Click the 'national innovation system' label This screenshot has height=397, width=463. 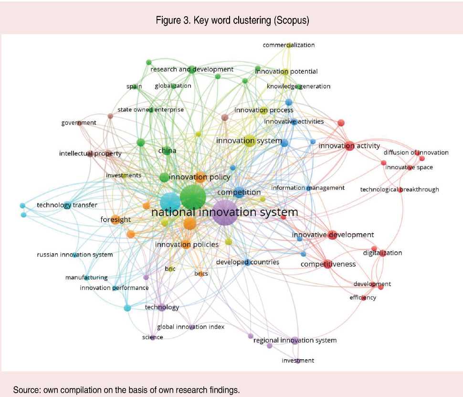pyautogui.click(x=224, y=212)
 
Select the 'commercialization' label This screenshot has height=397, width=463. pyautogui.click(x=289, y=45)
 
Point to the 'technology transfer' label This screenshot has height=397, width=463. pyautogui.click(x=67, y=205)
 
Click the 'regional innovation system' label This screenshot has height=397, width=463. pyautogui.click(x=295, y=340)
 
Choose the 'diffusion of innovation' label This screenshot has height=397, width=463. pyautogui.click(x=416, y=152)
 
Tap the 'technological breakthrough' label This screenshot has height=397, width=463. pyautogui.click(x=400, y=190)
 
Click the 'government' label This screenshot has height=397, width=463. pyautogui.click(x=79, y=123)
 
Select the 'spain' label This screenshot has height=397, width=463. pyautogui.click(x=134, y=86)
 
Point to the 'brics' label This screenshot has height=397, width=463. pyautogui.click(x=201, y=274)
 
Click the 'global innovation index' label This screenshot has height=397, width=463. pyautogui.click(x=190, y=327)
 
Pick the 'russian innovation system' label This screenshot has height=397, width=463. pyautogui.click(x=75, y=255)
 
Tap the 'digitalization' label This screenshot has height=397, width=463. pyautogui.click(x=382, y=253)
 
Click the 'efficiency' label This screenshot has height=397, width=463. pyautogui.click(x=363, y=298)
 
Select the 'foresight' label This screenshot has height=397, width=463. pyautogui.click(x=116, y=220)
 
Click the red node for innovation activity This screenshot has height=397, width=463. pyautogui.click(x=349, y=146)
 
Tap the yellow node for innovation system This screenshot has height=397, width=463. pyautogui.click(x=250, y=140)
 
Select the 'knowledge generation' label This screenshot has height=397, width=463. pyautogui.click(x=298, y=86)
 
